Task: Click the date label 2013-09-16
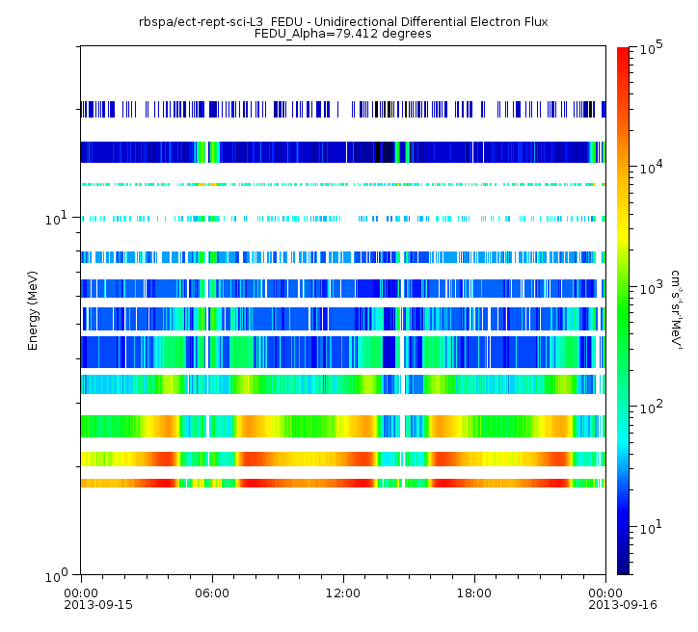[604, 606]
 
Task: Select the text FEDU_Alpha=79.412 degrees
[342, 33]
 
